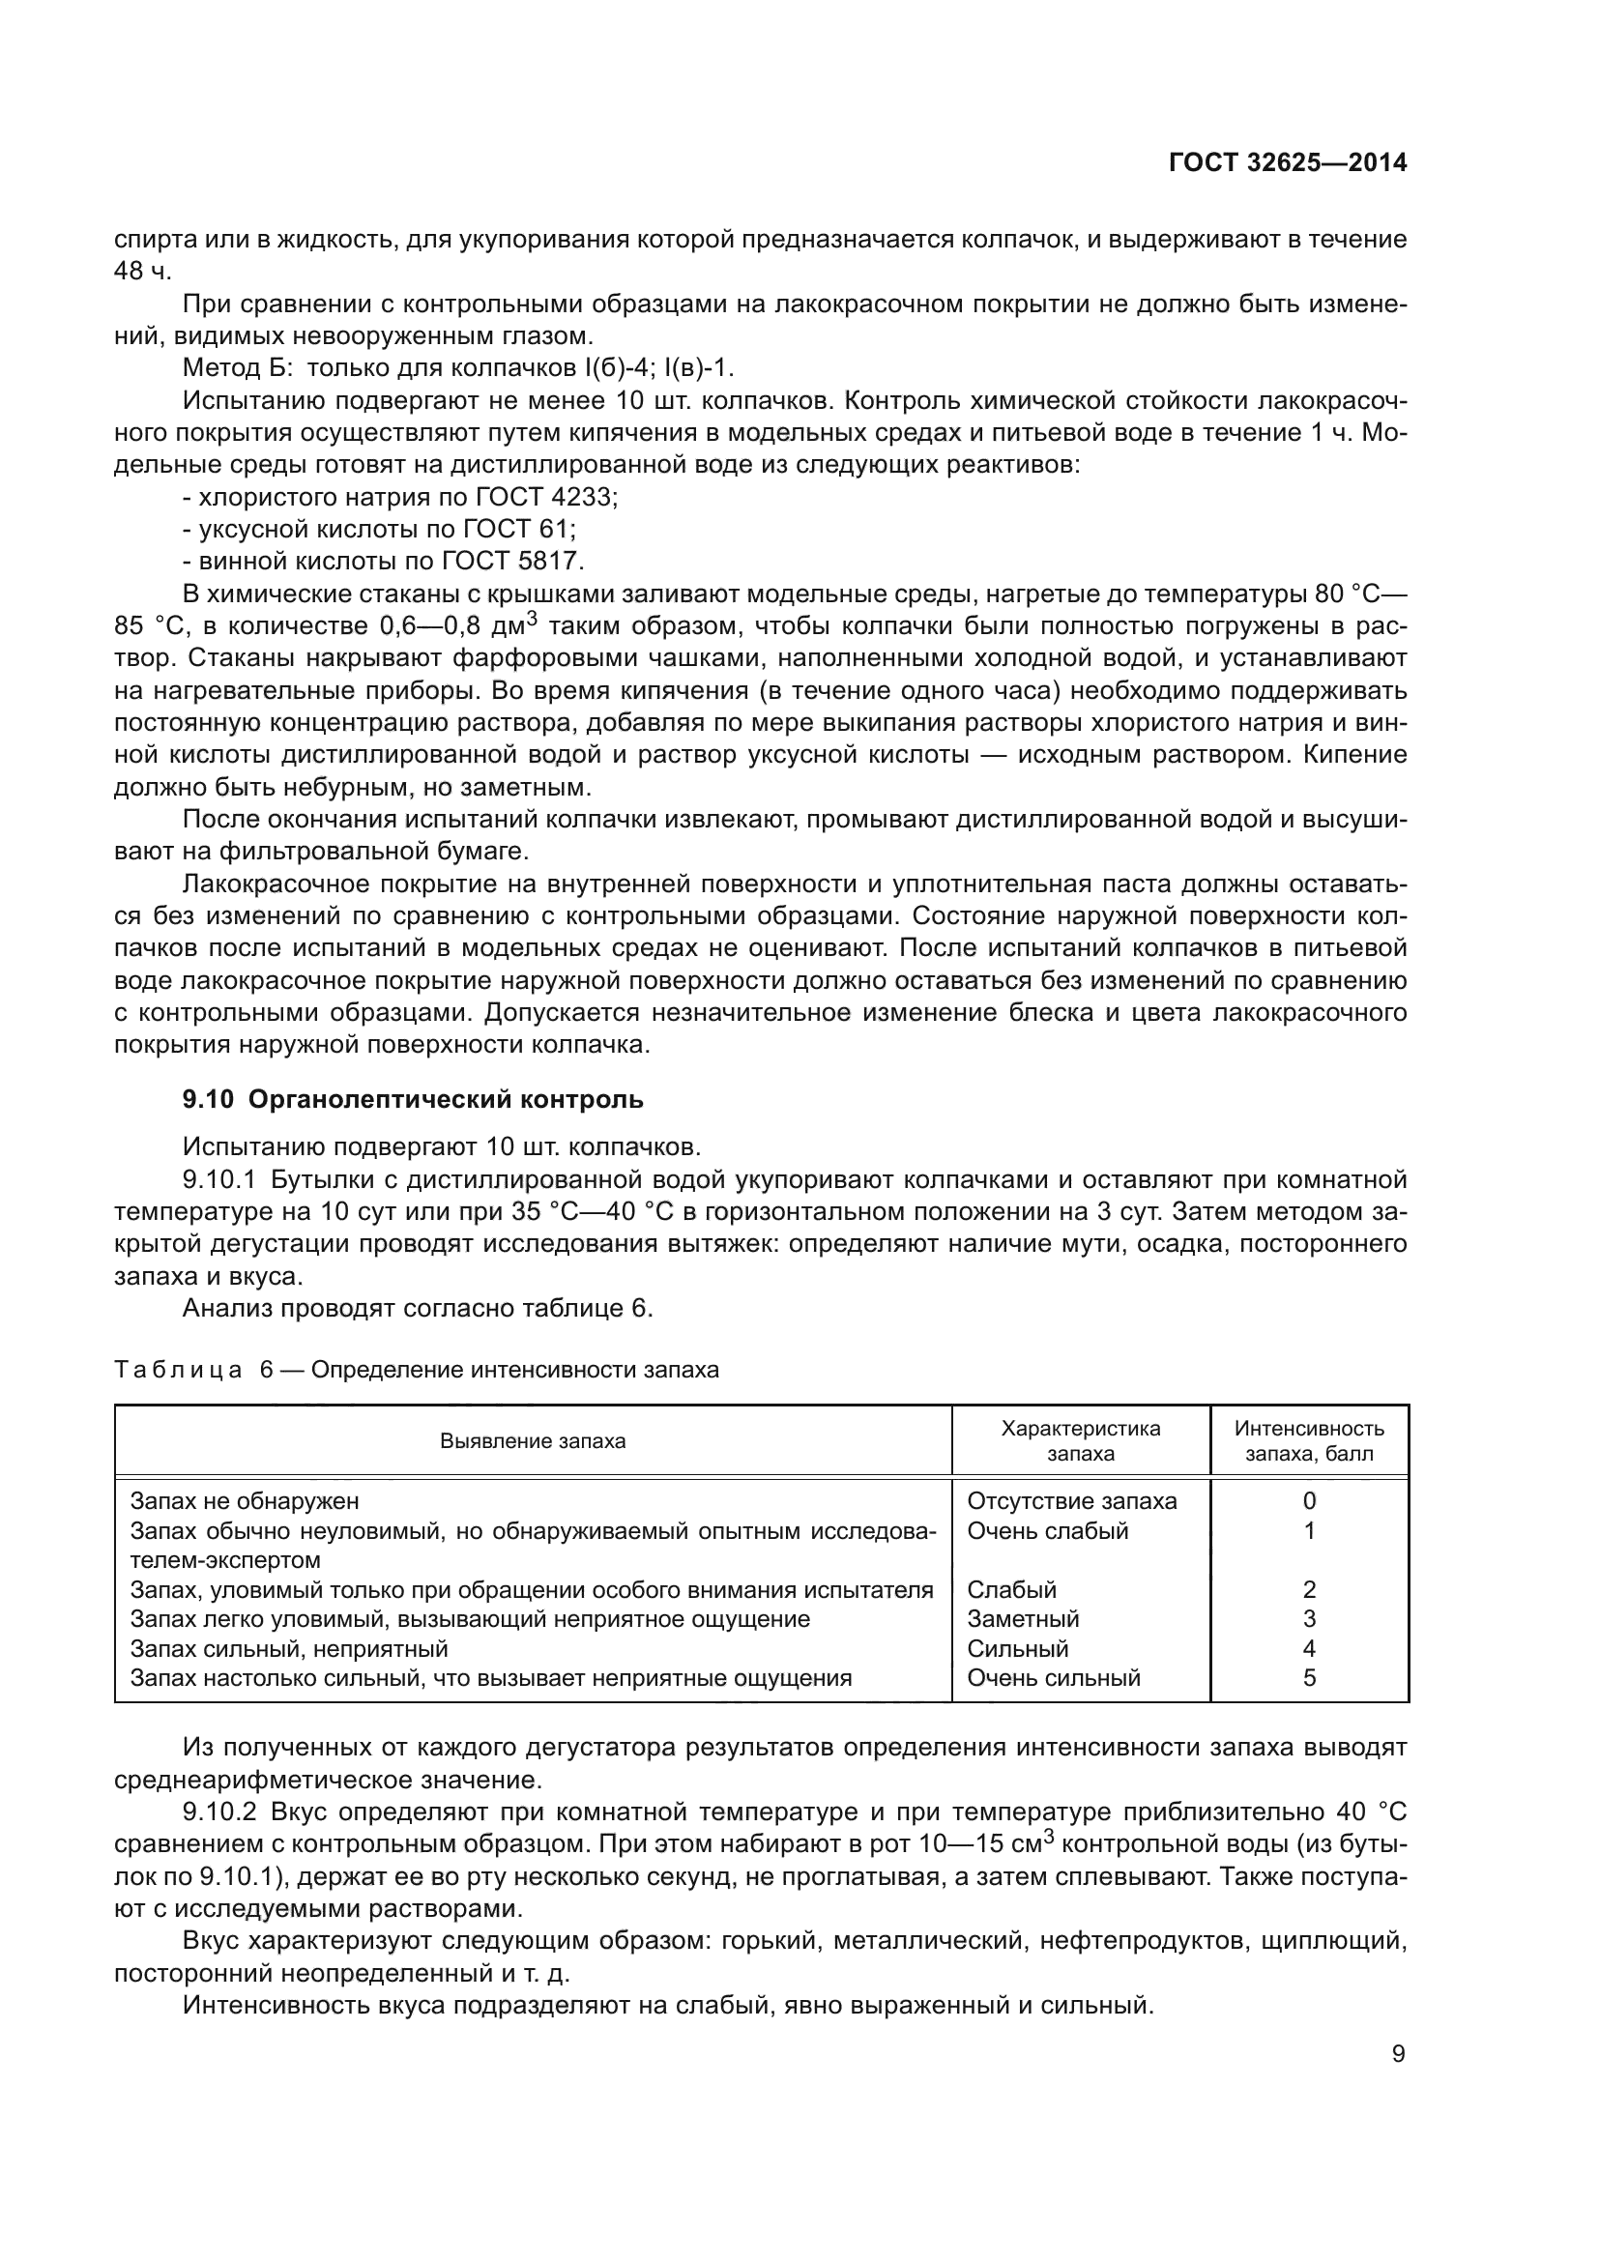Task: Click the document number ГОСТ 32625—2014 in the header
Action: tap(1287, 163)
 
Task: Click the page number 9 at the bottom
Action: tap(1398, 2054)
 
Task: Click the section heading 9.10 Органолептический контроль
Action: tap(413, 1099)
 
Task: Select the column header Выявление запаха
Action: tap(533, 1440)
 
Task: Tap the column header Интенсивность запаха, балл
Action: tap(1309, 1440)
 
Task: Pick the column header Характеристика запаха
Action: tap(1080, 1440)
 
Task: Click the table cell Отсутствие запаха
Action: tap(1071, 1501)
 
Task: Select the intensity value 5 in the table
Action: tap(1309, 1677)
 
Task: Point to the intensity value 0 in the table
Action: tap(1309, 1501)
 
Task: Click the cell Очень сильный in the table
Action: tap(1054, 1677)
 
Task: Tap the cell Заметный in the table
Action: tap(1023, 1618)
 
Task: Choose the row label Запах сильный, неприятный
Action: tap(289, 1647)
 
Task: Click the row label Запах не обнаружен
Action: tap(246, 1501)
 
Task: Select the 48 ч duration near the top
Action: tap(143, 272)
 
